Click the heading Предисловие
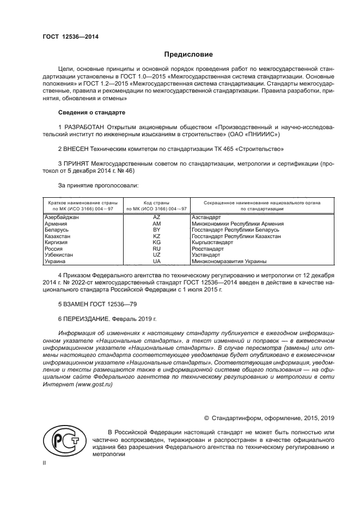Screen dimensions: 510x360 [188, 54]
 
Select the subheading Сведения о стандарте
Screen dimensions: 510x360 [91, 112]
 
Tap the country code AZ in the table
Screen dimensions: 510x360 [156, 217]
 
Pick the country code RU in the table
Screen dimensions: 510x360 [156, 248]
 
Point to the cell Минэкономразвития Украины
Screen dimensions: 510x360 [221, 261]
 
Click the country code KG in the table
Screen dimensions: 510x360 [156, 242]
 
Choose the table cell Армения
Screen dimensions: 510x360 [56, 224]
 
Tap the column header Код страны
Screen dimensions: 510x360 [156, 202]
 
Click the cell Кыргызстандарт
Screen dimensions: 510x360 [212, 242]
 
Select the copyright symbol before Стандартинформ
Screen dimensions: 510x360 [206, 418]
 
